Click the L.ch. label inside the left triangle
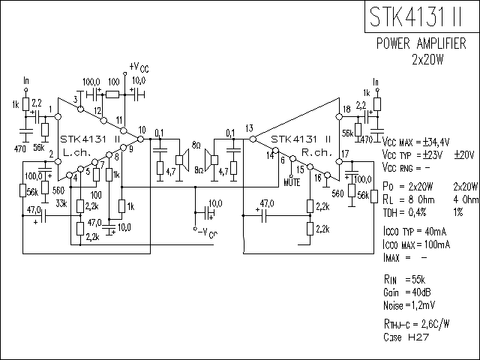76,151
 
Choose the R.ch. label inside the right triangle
313,151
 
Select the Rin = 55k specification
403,278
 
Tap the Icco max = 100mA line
416,244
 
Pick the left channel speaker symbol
181,158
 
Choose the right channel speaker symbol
211,158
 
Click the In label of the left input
27,80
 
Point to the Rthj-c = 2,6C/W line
416,324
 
